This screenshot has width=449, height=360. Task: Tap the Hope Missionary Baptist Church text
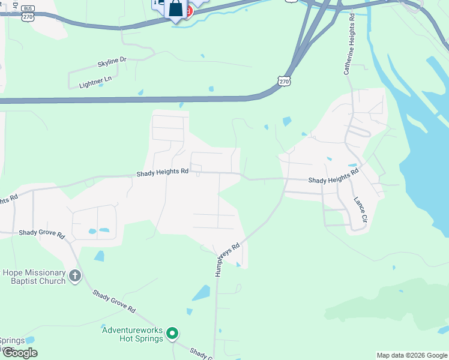(34, 277)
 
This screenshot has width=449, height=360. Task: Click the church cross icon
(74, 276)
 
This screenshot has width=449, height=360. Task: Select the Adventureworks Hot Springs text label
(132, 334)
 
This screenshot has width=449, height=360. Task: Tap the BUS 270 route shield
(27, 13)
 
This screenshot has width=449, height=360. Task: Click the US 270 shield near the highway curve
(285, 81)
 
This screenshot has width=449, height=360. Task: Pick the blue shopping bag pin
(175, 9)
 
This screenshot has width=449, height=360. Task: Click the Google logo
(19, 353)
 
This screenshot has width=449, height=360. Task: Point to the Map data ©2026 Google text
(412, 355)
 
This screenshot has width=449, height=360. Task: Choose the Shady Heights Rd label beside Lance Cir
(333, 176)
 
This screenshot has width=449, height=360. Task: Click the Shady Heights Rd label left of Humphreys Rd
(162, 172)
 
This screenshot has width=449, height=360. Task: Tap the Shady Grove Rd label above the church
(41, 233)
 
